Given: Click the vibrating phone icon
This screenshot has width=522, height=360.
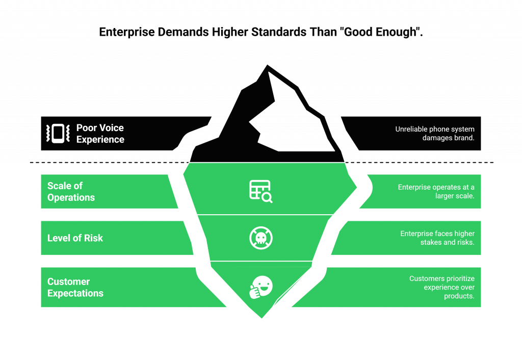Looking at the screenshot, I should pyautogui.click(x=58, y=134).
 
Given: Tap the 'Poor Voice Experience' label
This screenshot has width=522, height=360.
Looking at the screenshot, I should pyautogui.click(x=100, y=134).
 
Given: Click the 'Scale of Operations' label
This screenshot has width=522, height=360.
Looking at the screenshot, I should pyautogui.click(x=71, y=192).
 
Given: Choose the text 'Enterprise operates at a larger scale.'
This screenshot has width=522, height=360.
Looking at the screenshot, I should pyautogui.click(x=436, y=191).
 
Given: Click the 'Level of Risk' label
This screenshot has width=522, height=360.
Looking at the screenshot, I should pyautogui.click(x=75, y=238).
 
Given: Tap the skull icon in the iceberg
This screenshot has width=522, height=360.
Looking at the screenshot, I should pyautogui.click(x=261, y=238).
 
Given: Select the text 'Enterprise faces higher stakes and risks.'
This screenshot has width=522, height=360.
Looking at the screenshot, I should pyautogui.click(x=437, y=238).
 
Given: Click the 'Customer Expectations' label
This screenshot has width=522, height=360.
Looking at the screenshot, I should pyautogui.click(x=75, y=288).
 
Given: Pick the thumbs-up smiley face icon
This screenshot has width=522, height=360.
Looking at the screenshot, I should pyautogui.click(x=261, y=287).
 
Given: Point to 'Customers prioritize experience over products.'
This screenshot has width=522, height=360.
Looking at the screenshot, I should pyautogui.click(x=441, y=287).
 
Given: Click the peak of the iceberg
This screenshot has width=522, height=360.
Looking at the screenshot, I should pyautogui.click(x=266, y=65).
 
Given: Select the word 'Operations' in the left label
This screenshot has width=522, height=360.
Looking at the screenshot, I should pyautogui.click(x=71, y=198).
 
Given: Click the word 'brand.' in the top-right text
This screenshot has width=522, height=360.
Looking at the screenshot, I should pyautogui.click(x=463, y=138).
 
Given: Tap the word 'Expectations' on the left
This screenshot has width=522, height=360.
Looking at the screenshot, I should pyautogui.click(x=75, y=294).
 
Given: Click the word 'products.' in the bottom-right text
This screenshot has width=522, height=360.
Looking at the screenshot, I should pyautogui.click(x=459, y=296).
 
